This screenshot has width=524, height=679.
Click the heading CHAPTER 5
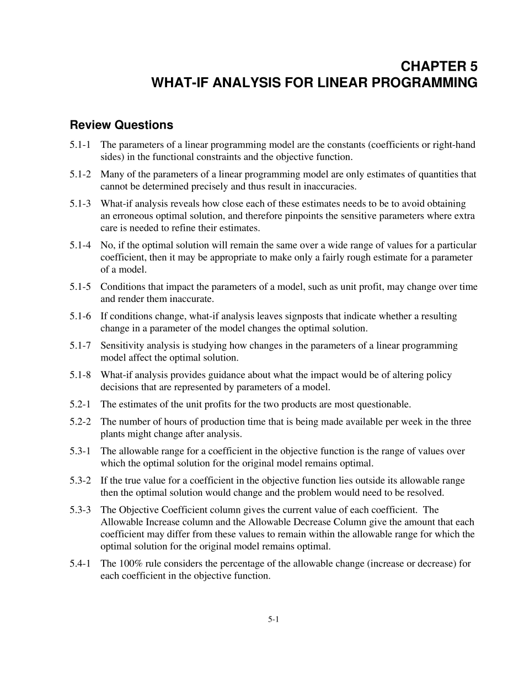[x=439, y=67]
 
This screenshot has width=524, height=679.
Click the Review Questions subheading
[x=121, y=125]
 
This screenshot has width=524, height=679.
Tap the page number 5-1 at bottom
[x=274, y=619]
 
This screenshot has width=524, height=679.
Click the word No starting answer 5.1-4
[x=106, y=245]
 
